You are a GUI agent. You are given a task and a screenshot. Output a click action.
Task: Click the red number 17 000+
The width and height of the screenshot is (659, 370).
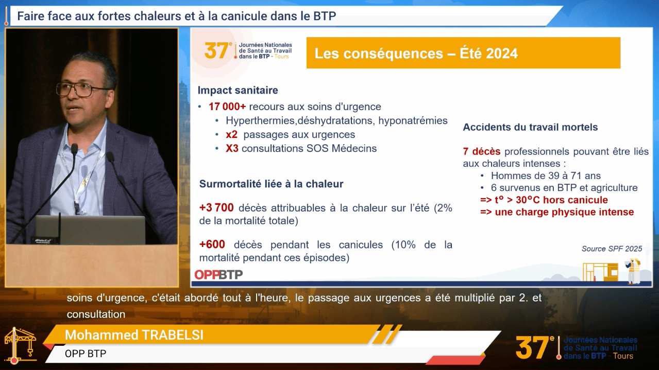227,107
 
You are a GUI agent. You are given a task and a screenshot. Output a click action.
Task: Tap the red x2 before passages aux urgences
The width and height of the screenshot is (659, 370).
231,135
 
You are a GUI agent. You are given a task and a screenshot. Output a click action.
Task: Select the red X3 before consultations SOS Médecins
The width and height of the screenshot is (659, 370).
232,148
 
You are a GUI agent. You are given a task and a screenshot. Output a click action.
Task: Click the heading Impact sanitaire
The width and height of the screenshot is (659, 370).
238,90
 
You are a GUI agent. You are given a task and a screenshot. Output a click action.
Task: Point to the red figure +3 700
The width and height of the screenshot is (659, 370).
216,208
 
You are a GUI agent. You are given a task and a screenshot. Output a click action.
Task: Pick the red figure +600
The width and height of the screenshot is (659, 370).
212,244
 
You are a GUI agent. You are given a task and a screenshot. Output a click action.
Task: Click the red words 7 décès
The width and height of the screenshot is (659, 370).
482,151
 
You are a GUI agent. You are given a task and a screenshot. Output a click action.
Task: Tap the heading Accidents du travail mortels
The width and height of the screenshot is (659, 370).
530,127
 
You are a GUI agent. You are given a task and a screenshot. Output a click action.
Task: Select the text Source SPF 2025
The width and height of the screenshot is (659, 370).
612,249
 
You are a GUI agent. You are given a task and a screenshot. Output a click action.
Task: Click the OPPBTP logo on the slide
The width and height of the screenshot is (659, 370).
218,275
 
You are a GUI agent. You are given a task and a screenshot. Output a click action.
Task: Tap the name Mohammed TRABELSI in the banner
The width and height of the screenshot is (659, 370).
134,335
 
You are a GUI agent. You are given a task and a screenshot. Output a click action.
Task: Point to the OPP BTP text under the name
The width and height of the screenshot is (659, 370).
86,354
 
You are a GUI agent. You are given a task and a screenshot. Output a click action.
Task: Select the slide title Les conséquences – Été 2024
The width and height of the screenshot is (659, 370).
416,54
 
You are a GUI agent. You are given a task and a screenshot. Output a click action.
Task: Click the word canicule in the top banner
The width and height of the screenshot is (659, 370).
244,16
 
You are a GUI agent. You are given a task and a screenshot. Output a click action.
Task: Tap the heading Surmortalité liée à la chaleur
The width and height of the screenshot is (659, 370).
271,184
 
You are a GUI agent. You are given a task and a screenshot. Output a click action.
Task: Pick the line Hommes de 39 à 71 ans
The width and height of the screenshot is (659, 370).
546,176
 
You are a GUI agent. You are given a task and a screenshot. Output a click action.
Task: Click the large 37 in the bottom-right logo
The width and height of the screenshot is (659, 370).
532,348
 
